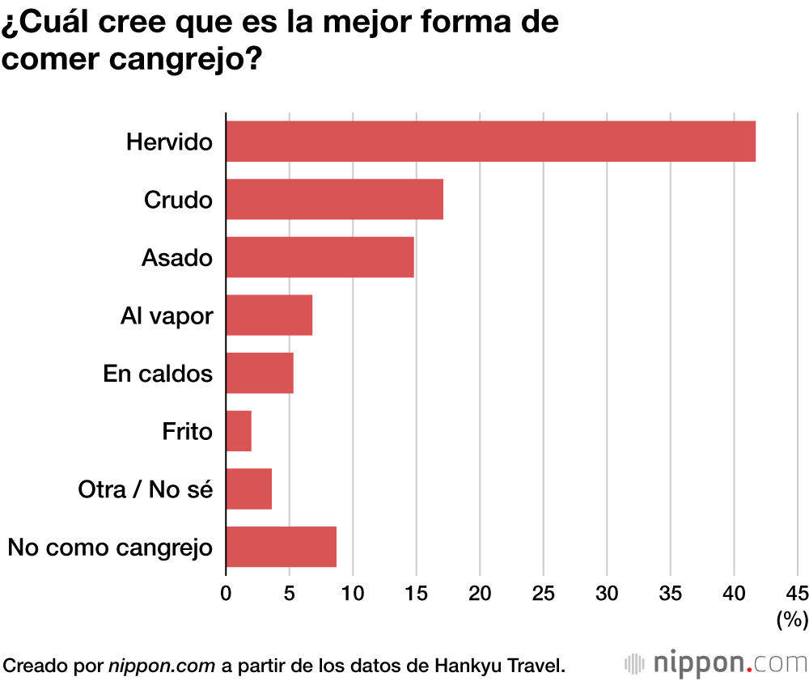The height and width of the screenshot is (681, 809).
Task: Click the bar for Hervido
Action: coord(490,142)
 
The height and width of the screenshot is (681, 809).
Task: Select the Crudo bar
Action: coord(334,199)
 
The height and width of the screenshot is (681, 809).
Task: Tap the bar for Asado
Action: coord(320,257)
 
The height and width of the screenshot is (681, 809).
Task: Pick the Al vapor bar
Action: coord(269,315)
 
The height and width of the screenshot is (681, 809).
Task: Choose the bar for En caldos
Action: coord(259,373)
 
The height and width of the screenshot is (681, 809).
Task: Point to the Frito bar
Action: coord(239,431)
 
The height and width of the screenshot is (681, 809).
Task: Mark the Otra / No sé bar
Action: coord(248,489)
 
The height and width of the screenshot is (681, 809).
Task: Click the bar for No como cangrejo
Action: coord(281,547)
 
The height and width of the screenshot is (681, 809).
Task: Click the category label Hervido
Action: coord(169,142)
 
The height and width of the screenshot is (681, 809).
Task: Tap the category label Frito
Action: coord(187,432)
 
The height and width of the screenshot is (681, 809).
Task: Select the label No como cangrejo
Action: coord(110,548)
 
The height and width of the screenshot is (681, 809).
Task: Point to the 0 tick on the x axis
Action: coord(226,593)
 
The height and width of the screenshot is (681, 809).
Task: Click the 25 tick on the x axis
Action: coord(543,593)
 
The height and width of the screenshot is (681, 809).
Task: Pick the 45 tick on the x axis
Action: coord(797,593)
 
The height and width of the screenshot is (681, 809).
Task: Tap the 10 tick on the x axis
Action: coord(353,593)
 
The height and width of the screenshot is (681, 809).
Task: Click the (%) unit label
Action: coord(792,620)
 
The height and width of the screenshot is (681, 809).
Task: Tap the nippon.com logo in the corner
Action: coord(716,664)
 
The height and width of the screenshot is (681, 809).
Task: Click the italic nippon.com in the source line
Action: coord(162,666)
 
